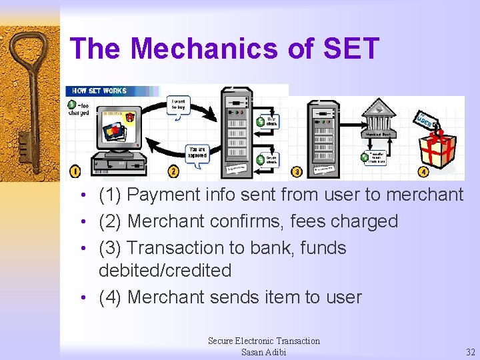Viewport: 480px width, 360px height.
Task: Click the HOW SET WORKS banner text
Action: tap(100, 90)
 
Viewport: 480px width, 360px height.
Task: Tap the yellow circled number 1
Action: tap(75, 171)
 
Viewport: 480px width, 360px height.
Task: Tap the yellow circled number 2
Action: tap(174, 171)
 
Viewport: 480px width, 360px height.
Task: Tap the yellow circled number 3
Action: tap(297, 172)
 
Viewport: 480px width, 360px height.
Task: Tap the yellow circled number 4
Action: tap(423, 171)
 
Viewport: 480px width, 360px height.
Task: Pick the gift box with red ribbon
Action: tap(437, 149)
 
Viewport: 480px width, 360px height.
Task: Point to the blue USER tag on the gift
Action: tap(425, 120)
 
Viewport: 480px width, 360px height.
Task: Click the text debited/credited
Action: tap(165, 271)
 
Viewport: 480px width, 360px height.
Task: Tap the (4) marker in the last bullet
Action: tap(110, 297)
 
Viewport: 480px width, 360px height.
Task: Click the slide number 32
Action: tap(471, 352)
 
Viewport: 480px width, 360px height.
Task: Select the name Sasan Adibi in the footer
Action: tap(263, 352)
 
